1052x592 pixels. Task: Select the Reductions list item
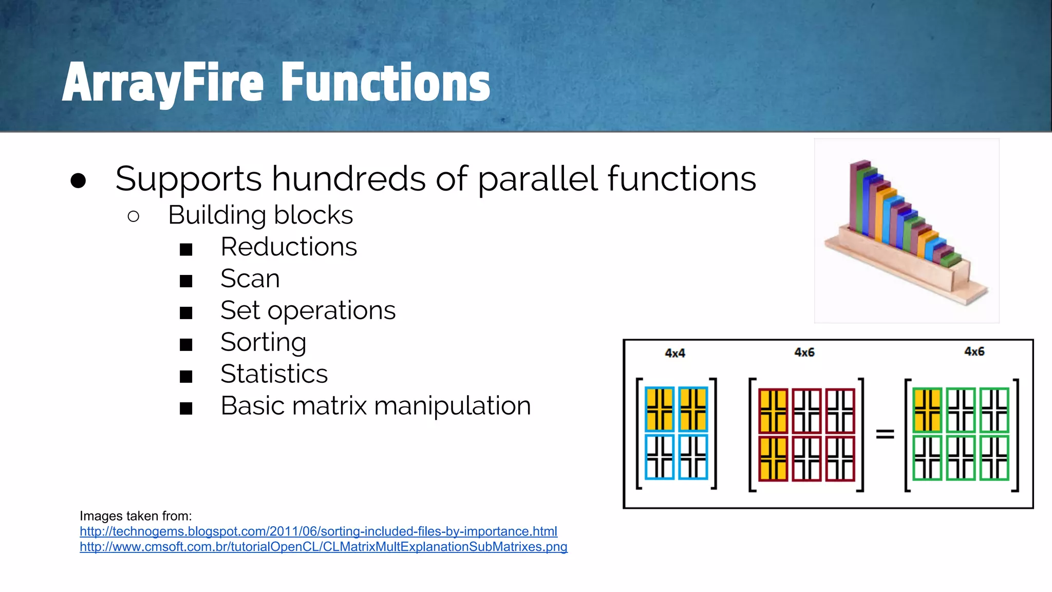288,247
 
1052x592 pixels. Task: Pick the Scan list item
250,279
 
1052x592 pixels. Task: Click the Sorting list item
263,342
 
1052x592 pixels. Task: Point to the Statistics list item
274,374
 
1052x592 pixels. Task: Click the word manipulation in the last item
452,406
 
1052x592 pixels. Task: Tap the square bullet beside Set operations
186,312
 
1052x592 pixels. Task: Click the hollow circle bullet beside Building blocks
134,216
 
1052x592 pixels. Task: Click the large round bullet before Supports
78,180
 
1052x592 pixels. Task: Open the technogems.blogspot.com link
318,531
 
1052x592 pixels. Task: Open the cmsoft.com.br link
324,547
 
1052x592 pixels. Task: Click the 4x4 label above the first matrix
675,353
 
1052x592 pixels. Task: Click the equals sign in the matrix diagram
885,434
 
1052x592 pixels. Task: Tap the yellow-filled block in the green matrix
927,410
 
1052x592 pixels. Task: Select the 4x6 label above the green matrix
974,351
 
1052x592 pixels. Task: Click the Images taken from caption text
136,516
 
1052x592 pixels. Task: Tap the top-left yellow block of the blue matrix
660,409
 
